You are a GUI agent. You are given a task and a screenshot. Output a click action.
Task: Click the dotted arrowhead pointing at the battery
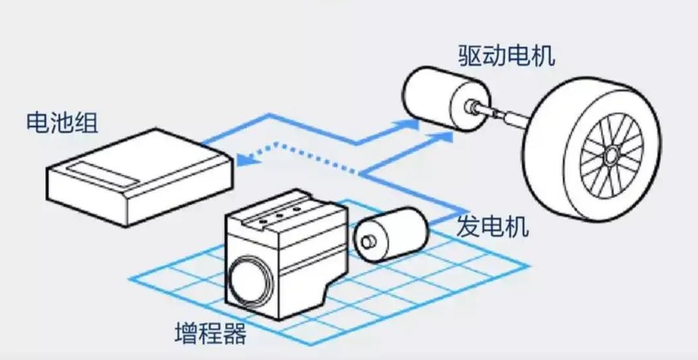coord(242,159)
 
